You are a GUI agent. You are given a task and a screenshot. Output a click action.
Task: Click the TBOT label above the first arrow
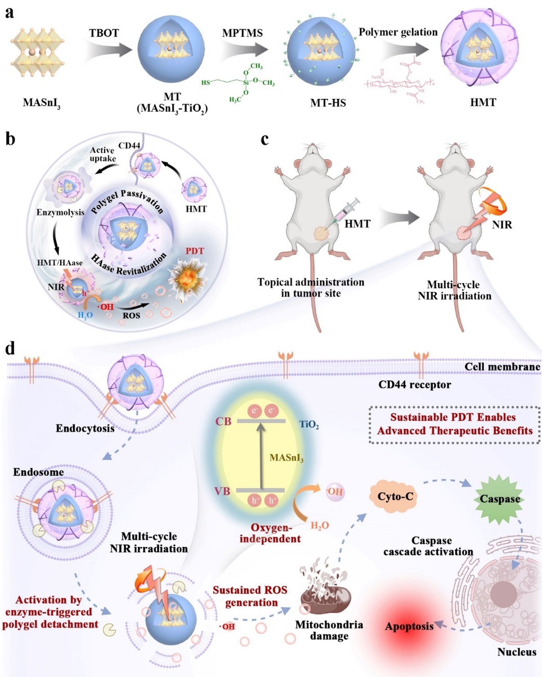click(x=104, y=33)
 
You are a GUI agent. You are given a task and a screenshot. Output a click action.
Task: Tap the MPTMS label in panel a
click(x=243, y=33)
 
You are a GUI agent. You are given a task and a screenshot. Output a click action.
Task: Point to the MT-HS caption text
click(x=328, y=103)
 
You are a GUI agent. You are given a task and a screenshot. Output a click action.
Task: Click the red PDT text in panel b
click(x=195, y=251)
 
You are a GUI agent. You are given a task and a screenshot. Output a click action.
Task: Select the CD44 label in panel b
click(x=129, y=146)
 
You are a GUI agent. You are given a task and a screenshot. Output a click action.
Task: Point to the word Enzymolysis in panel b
click(x=60, y=213)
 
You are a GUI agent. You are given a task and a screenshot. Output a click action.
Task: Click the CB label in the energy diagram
click(x=223, y=421)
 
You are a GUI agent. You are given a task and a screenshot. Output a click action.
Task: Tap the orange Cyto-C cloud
click(x=395, y=496)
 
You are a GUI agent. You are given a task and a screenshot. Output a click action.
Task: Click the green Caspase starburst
click(x=499, y=499)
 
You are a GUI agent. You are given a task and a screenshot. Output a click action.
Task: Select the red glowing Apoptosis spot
click(x=409, y=626)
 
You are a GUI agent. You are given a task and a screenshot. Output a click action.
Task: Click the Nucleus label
click(x=517, y=652)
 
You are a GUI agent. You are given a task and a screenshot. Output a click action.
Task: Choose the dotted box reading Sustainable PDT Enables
click(x=454, y=424)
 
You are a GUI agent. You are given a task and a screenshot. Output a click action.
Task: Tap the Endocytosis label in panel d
click(x=85, y=429)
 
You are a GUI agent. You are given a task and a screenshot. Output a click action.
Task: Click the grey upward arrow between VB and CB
click(x=261, y=456)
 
